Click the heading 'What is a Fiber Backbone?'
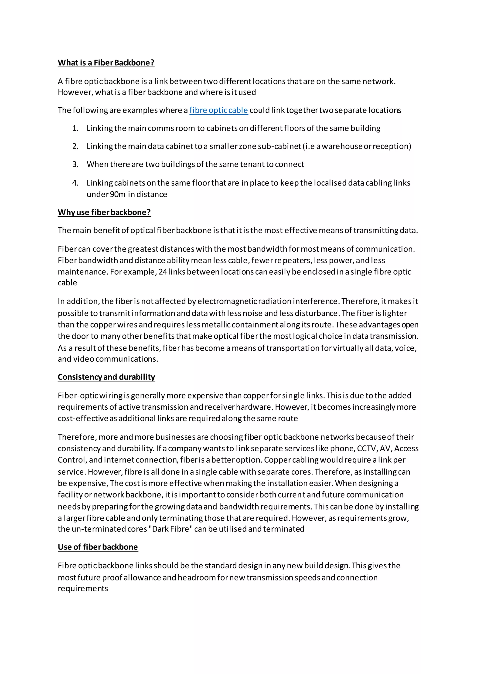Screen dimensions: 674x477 point(106,63)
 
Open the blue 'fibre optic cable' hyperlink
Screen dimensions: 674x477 point(218,110)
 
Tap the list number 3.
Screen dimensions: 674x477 point(75,164)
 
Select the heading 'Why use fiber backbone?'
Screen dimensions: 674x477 point(104,212)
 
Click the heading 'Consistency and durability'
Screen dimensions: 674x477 point(106,377)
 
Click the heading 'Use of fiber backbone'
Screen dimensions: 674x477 point(98,547)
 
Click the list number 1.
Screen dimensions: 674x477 point(75,128)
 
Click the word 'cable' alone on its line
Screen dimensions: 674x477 point(67,283)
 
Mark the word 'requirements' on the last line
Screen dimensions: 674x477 point(83,588)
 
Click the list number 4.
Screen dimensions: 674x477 point(75,183)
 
